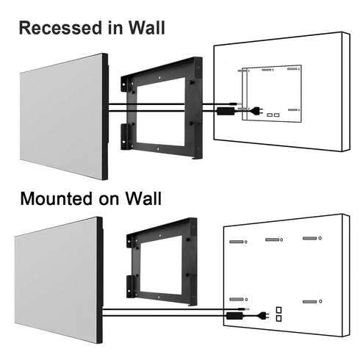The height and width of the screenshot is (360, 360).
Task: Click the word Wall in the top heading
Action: click(145, 29)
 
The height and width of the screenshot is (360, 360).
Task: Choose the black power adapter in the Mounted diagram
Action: click(236, 314)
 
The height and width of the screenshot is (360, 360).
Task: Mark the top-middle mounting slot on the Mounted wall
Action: click(273, 240)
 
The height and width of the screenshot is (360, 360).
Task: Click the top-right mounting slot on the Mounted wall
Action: click(310, 240)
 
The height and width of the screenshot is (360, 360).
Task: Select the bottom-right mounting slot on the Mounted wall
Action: click(310, 301)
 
